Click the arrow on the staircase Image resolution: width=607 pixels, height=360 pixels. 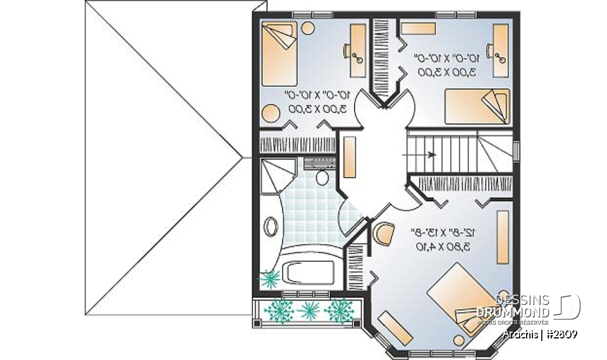pos(431,154)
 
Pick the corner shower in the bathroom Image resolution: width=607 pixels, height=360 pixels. pos(276,173)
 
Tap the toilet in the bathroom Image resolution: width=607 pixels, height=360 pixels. pos(322,177)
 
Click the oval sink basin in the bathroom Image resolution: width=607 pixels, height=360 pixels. pos(273,227)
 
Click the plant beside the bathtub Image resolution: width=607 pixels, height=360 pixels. pos(271,278)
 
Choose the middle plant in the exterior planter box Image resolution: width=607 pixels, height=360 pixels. pos(309,310)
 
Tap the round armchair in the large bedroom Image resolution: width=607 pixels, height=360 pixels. pos(383,233)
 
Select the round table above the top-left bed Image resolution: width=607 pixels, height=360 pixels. pos(307,28)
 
